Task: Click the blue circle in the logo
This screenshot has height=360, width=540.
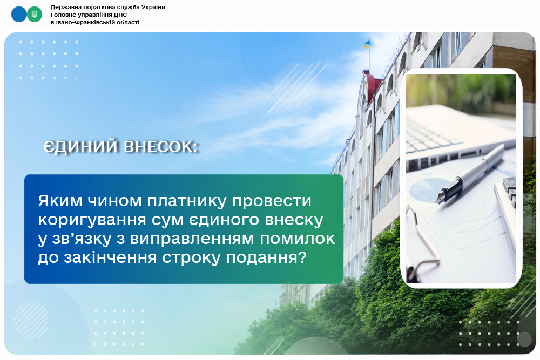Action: (19, 15)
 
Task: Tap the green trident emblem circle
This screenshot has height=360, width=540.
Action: (35, 15)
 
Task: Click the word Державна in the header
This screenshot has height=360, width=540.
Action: (64, 7)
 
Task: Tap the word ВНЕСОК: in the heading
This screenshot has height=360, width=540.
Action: (161, 147)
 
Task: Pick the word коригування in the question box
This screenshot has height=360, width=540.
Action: (95, 220)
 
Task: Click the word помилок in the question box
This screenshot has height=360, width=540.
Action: (298, 239)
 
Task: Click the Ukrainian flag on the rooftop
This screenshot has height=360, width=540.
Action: (366, 44)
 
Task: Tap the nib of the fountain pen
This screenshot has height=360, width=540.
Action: (440, 199)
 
